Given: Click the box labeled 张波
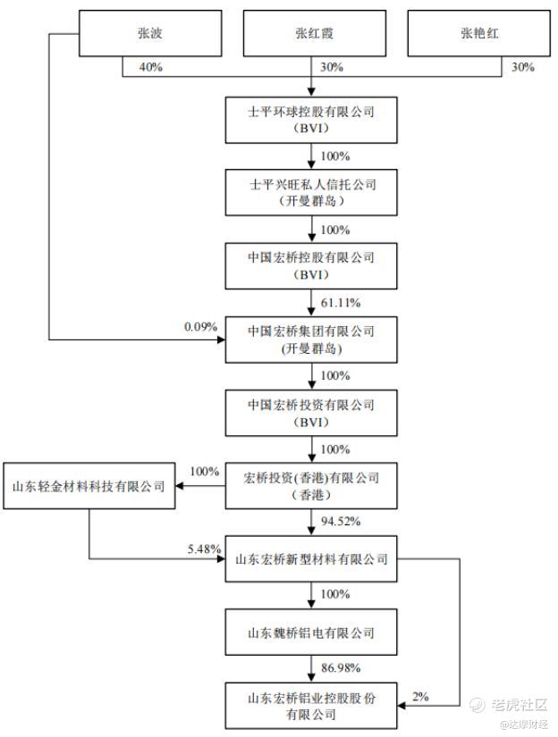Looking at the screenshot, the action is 150,33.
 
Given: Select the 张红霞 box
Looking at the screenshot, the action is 314,33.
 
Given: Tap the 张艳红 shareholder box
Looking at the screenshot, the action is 478,33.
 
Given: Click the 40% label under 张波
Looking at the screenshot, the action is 150,67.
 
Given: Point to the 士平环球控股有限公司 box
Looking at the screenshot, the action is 311,120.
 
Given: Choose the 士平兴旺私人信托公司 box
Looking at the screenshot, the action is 311,193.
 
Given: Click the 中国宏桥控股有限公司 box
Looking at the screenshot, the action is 311,266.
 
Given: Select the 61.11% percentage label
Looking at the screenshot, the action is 341,303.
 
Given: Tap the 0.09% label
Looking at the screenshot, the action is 200,327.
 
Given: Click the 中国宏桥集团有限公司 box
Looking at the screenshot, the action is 311,339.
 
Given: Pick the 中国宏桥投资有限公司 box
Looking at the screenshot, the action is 311,413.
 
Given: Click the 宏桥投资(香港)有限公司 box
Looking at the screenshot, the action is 311,486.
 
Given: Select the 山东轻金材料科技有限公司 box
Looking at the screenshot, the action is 89,486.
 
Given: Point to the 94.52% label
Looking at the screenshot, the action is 341,521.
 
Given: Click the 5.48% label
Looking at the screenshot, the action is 204,549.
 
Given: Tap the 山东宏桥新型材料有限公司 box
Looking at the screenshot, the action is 311,559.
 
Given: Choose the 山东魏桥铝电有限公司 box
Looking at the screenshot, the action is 311,632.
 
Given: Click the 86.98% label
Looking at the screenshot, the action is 341,668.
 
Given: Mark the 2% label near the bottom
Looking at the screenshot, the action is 420,697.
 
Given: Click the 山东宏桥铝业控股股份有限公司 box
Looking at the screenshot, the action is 311,706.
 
